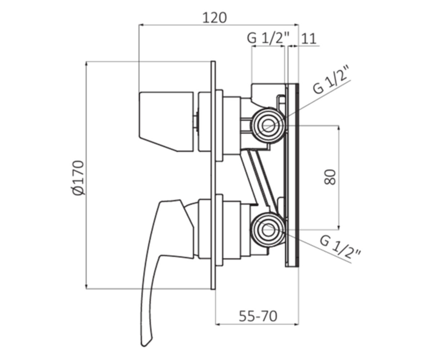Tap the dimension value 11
[x=309, y=39]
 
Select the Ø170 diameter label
[x=78, y=178]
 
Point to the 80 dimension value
[x=330, y=177]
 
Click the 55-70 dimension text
[x=258, y=316]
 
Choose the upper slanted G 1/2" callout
[x=332, y=80]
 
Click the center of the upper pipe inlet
[x=268, y=125]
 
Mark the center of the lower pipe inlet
[x=268, y=229]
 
